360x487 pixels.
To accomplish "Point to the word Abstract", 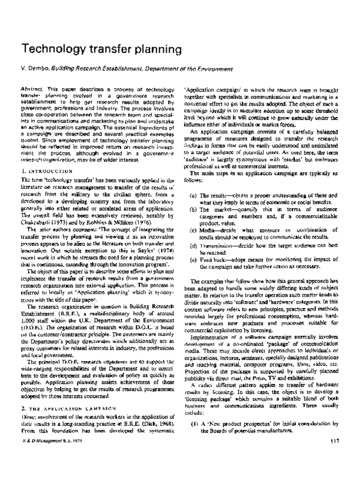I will point(31,88).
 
